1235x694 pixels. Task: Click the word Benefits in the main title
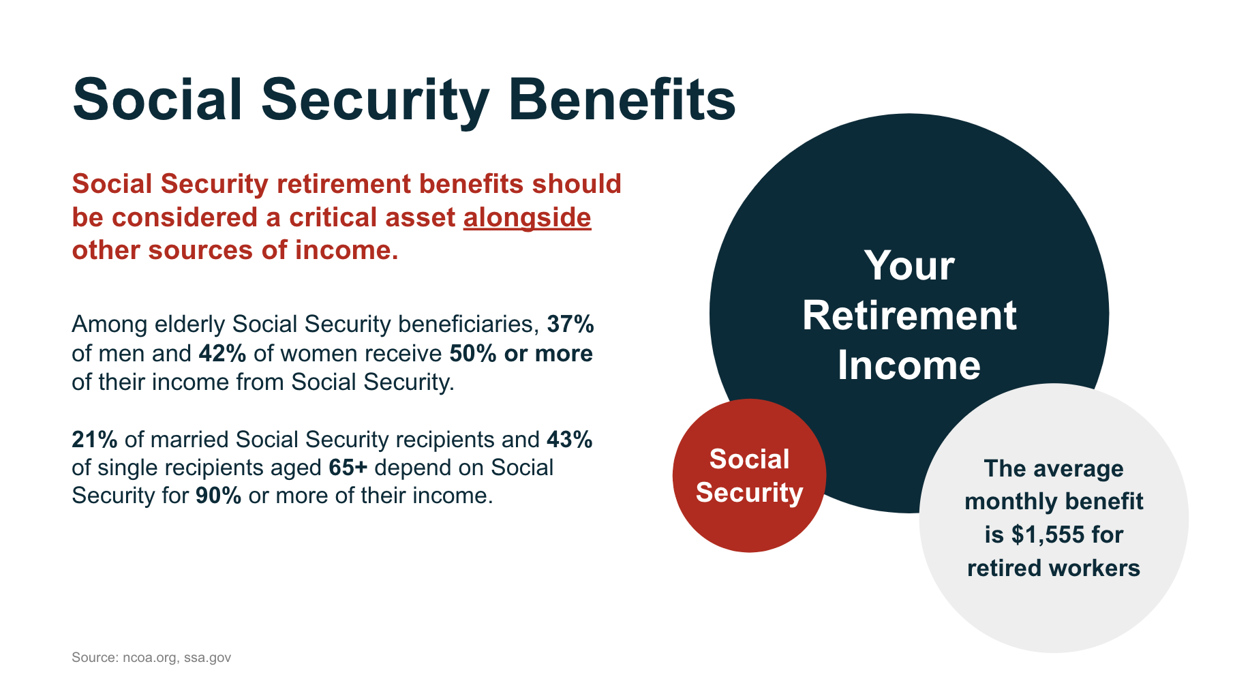(x=622, y=100)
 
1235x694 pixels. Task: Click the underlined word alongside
(x=528, y=218)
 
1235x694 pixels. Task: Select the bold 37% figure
(x=570, y=324)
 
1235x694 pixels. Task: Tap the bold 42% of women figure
(x=222, y=353)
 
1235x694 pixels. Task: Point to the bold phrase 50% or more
(x=521, y=353)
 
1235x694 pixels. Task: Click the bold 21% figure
(x=95, y=439)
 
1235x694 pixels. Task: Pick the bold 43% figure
(x=570, y=439)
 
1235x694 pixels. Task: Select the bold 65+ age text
(x=348, y=468)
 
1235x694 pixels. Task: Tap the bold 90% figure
(x=219, y=496)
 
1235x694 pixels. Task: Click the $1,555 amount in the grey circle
(x=1048, y=534)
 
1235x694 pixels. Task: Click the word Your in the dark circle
(x=909, y=265)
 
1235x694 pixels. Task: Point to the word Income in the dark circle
(x=909, y=365)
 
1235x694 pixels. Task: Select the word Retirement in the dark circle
(x=909, y=316)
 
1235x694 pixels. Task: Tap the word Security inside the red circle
(x=750, y=493)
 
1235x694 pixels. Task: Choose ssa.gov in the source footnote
(x=207, y=658)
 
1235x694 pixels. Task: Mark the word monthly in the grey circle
(x=998, y=502)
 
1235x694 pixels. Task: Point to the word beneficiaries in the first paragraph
(x=468, y=324)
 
